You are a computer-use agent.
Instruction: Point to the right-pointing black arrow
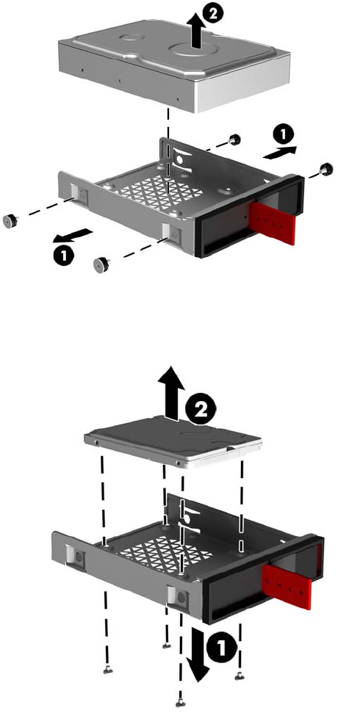280,153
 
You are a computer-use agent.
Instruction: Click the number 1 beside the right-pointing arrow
284,134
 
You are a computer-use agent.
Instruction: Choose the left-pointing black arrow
72,236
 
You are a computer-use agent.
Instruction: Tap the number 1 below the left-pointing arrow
65,256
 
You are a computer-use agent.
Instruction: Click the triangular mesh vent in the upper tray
159,189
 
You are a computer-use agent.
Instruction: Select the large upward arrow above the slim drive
171,392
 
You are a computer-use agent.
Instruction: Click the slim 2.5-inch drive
173,444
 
